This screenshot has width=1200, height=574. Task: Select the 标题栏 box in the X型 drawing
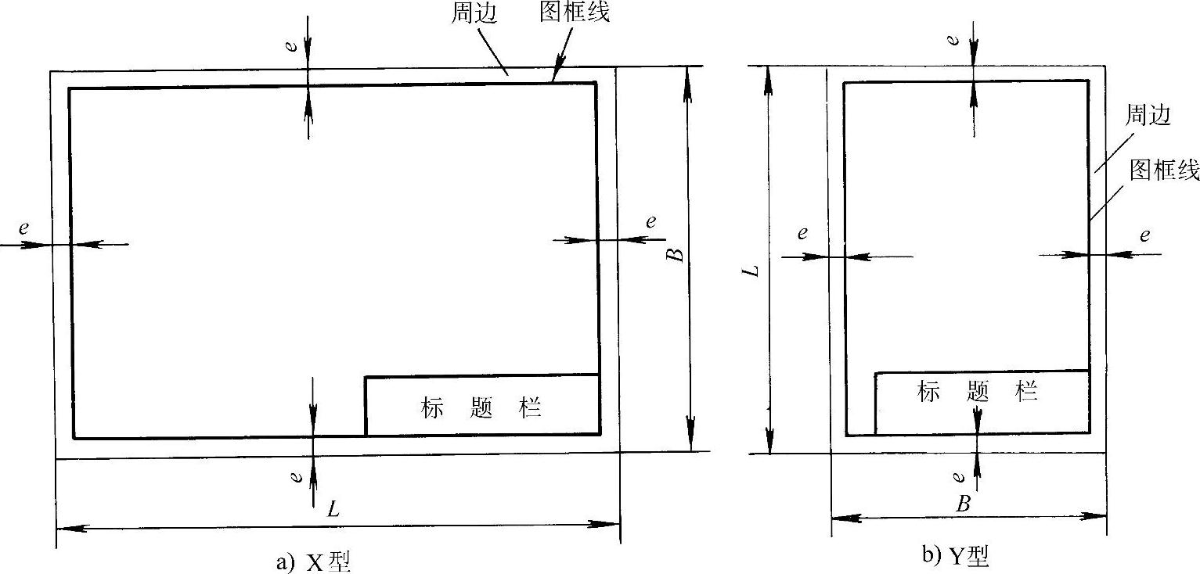tap(482, 407)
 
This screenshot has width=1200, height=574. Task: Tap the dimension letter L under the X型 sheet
tap(334, 509)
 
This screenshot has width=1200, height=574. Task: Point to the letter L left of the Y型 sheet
tap(752, 272)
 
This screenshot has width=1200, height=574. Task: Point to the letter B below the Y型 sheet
tap(964, 504)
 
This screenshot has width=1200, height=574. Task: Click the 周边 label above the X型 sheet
tap(474, 14)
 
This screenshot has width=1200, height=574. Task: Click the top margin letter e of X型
tap(291, 46)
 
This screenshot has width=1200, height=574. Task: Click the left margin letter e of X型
tap(24, 228)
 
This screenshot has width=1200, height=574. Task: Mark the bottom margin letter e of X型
tap(296, 475)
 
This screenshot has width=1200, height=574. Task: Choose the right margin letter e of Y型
tap(1144, 235)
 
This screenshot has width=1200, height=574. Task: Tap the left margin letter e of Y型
tap(802, 233)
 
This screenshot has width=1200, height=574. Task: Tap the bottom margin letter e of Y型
tap(960, 475)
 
